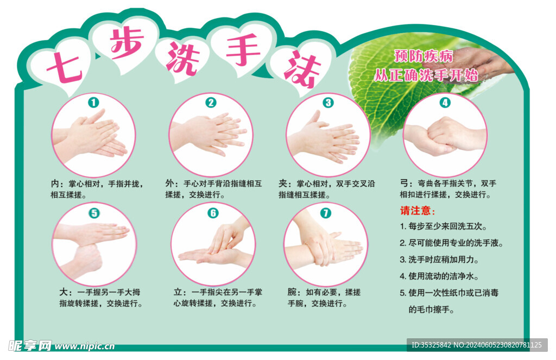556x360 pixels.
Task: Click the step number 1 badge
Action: point(93,103)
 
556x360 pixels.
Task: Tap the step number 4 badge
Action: point(445,103)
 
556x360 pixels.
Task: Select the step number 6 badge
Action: point(213,213)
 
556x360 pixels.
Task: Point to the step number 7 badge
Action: point(326,213)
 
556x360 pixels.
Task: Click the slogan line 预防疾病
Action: point(424,56)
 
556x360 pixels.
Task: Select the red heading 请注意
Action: point(418,211)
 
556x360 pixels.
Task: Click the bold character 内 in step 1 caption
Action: point(55,184)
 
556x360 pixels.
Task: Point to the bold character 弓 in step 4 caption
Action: point(404,184)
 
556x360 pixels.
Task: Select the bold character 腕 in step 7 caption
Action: point(292,292)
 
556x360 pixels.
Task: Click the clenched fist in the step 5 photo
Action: point(85,261)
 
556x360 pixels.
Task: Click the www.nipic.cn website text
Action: point(85,346)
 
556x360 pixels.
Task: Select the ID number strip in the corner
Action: point(477,345)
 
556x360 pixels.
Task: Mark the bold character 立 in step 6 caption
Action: point(178,292)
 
